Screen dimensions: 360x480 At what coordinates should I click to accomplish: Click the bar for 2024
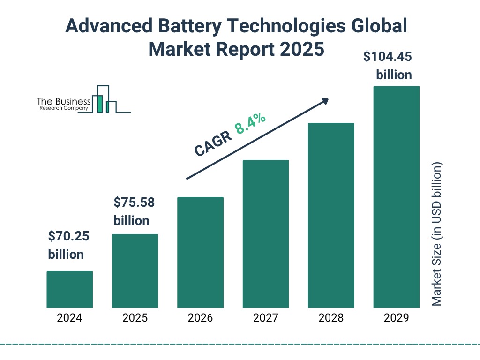69,289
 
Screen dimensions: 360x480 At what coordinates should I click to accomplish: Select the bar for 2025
135,271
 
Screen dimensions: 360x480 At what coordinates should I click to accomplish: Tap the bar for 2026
200,252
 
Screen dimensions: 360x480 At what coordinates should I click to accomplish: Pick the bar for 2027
266,234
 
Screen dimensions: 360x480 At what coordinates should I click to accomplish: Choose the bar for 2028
331,215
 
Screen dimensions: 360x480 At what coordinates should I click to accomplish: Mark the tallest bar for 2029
396,197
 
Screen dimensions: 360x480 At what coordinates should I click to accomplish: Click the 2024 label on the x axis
69,318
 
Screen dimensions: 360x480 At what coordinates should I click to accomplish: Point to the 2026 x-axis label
200,318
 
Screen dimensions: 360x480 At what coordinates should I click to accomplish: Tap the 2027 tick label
266,318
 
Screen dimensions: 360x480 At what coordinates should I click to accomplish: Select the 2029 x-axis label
396,318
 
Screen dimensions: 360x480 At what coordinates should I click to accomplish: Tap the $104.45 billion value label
388,66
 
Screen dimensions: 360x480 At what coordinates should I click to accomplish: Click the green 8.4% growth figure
250,123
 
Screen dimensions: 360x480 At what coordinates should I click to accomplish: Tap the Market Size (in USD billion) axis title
437,234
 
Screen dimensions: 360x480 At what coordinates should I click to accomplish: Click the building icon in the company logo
104,99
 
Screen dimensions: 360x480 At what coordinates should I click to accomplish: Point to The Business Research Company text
64,104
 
